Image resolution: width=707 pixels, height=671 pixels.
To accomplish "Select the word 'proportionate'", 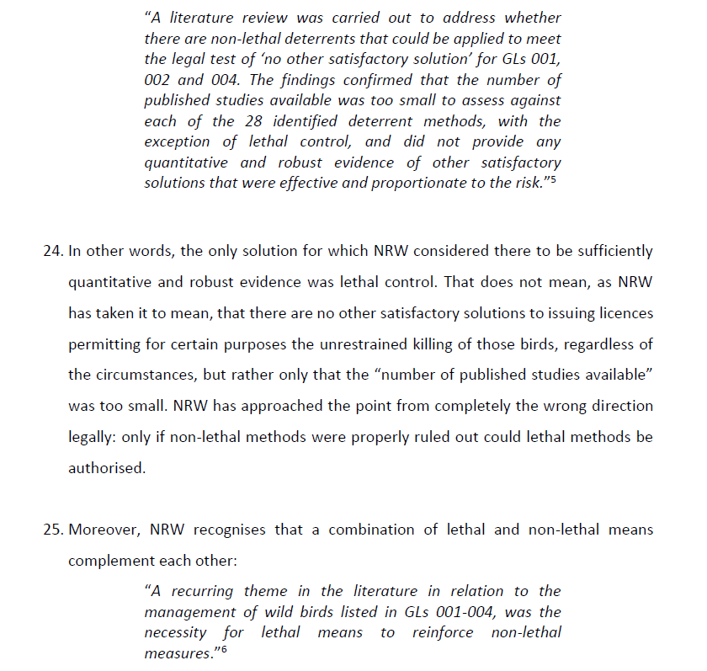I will [x=401, y=183].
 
